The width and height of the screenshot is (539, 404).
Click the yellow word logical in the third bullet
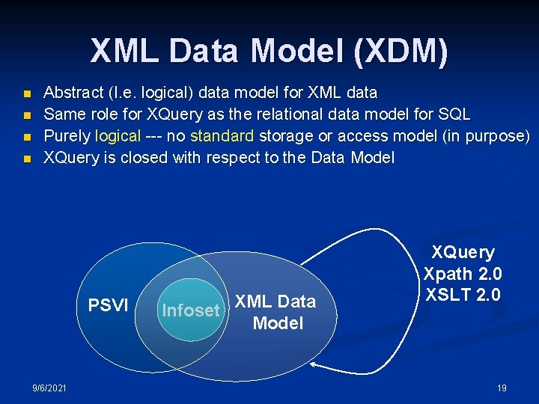(x=118, y=136)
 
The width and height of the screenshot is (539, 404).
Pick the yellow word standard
(x=223, y=136)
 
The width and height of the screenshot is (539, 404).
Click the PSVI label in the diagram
(x=109, y=305)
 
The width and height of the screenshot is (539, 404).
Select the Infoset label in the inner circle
(x=190, y=310)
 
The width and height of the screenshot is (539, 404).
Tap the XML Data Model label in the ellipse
(x=276, y=312)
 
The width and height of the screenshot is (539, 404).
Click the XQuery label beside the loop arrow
(x=462, y=253)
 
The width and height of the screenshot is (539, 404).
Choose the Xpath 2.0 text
(x=462, y=274)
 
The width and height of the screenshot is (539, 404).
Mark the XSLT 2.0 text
(x=462, y=295)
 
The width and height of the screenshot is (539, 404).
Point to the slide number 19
(x=502, y=388)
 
